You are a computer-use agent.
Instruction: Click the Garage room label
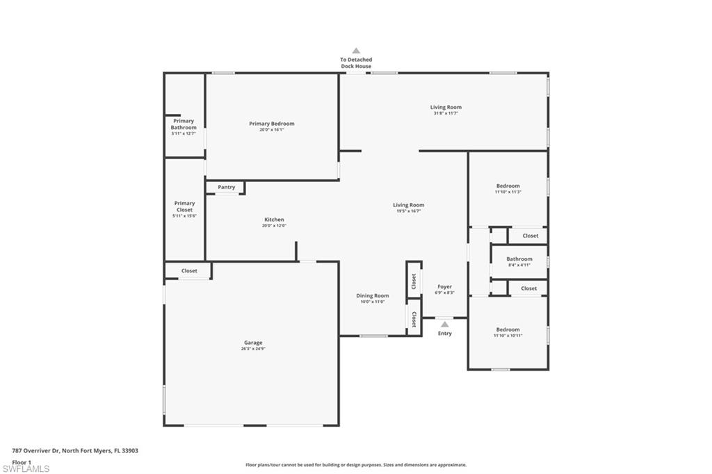[x=253, y=343]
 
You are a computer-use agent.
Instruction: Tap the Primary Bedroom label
[x=272, y=124]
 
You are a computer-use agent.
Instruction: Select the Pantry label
[x=226, y=187]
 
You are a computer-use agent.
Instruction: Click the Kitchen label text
[x=274, y=220]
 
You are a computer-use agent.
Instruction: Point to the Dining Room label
[x=373, y=295]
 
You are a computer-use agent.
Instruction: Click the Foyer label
[x=444, y=286]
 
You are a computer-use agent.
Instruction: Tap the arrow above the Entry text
[x=444, y=324]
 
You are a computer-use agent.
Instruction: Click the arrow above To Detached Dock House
[x=356, y=51]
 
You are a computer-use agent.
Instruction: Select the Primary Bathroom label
[x=184, y=124]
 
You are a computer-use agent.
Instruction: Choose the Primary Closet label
[x=184, y=206]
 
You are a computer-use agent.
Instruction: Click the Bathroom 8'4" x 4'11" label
[x=519, y=259]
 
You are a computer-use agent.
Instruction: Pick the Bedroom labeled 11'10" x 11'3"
[x=508, y=186]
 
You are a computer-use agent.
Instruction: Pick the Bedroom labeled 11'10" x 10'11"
[x=508, y=329]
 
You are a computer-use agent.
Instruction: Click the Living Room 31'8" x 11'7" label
[x=446, y=107]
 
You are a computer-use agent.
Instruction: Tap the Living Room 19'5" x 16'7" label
[x=408, y=205]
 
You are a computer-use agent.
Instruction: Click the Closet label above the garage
[x=189, y=270]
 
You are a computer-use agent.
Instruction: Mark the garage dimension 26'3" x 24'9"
[x=253, y=349]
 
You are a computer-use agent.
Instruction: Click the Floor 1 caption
[x=22, y=461]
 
